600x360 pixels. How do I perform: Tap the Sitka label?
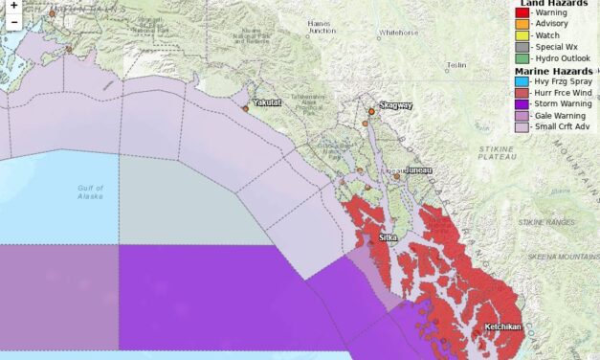388,236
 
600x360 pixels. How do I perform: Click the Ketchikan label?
502,326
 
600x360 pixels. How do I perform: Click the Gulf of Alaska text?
90,191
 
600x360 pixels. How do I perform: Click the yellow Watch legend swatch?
521,35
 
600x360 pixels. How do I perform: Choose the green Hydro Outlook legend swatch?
521,58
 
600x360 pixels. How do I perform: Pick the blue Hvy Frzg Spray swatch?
521,82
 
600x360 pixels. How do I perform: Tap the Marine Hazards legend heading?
553,71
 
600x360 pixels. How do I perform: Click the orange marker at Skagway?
371,112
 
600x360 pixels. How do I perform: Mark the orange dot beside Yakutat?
246,109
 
